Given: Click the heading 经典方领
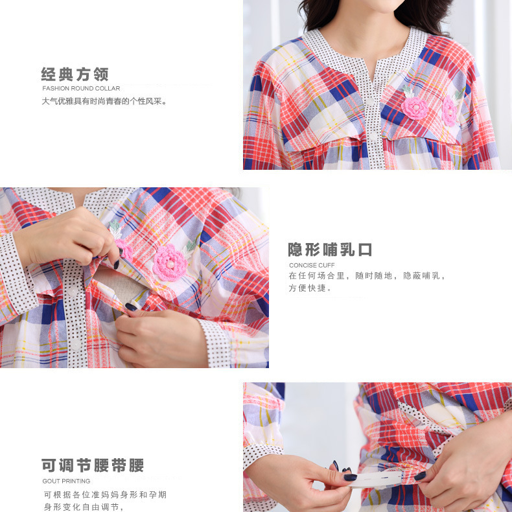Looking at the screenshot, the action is (x=75, y=75).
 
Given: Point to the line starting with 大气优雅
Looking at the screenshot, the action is (x=104, y=101).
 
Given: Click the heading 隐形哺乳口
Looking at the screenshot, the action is (x=330, y=250).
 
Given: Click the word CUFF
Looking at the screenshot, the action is (x=327, y=265).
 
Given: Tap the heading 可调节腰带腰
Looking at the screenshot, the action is (x=93, y=465).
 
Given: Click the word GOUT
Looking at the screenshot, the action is (x=50, y=481).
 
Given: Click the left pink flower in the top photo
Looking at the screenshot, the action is (x=415, y=108).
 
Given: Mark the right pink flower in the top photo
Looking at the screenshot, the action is (x=450, y=111).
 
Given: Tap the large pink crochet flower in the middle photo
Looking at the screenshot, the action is (x=170, y=263).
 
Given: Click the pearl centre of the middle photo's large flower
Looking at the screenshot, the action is (x=170, y=264).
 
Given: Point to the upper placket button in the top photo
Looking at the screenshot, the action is (x=369, y=101).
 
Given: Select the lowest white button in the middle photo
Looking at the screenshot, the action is (x=76, y=344).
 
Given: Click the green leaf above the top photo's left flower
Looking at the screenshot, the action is (x=408, y=91).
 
